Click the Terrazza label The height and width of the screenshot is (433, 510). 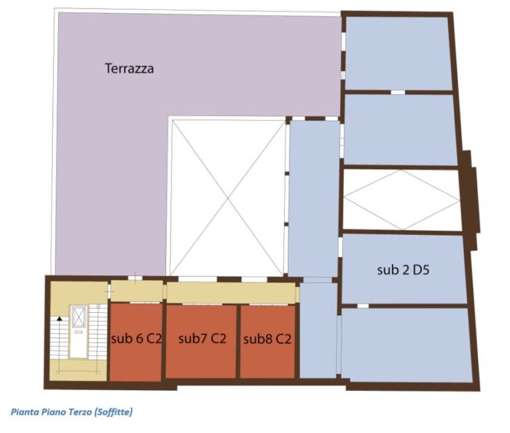click(x=129, y=69)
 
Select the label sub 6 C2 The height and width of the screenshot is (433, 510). click(x=136, y=338)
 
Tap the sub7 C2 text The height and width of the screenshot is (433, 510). click(x=202, y=338)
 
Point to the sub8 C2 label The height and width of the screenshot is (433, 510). click(x=267, y=338)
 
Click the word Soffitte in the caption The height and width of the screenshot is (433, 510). click(x=109, y=412)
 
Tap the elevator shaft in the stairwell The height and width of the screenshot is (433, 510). click(x=78, y=332)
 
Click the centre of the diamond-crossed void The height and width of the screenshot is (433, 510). click(x=401, y=199)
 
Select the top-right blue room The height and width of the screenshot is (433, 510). click(x=398, y=53)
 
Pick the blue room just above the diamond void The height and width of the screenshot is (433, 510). click(x=400, y=130)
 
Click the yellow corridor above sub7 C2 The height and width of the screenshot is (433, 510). click(x=231, y=293)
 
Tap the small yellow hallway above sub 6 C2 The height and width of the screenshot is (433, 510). click(x=136, y=291)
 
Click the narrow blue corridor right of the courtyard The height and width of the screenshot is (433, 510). click(x=313, y=196)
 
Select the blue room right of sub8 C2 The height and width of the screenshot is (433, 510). click(x=318, y=331)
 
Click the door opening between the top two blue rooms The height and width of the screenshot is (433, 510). click(x=397, y=92)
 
